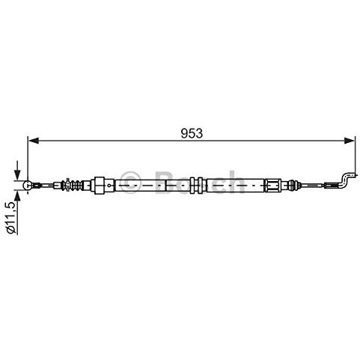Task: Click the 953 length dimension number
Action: [192, 133]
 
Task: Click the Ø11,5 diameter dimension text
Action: [11, 217]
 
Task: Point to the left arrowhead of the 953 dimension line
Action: [34, 141]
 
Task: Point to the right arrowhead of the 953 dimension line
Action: [349, 141]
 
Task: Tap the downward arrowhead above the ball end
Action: [17, 174]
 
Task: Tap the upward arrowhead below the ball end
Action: [17, 196]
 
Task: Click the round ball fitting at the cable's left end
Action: [27, 185]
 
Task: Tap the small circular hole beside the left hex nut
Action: [109, 185]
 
